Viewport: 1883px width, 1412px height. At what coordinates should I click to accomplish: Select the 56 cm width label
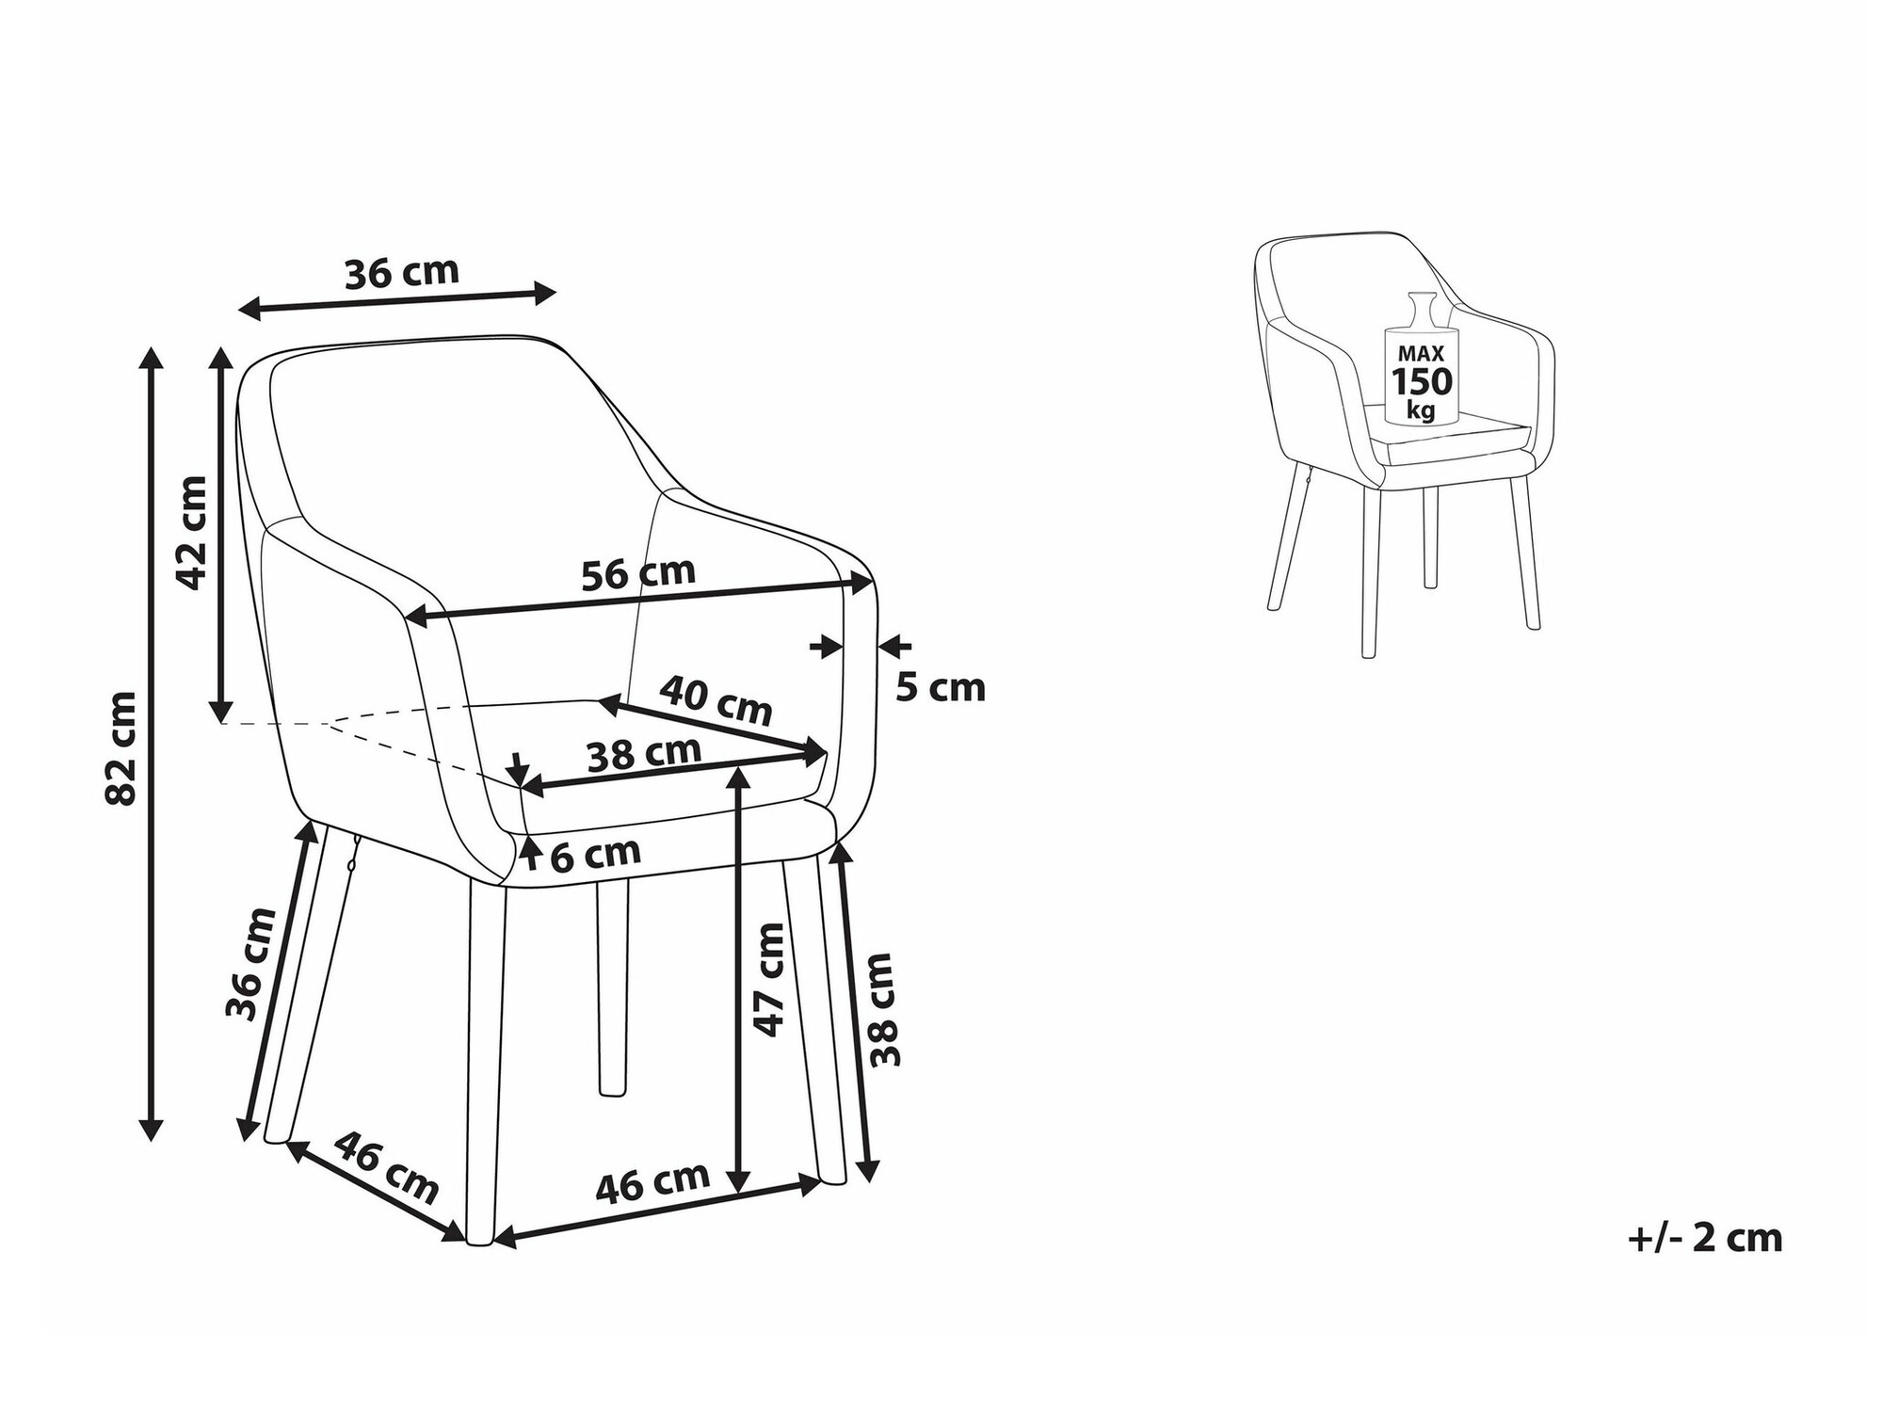638,573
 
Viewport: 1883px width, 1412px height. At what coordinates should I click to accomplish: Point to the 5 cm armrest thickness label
940,688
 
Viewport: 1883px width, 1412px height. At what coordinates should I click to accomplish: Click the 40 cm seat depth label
716,699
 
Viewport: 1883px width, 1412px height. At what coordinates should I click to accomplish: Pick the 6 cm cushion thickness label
595,855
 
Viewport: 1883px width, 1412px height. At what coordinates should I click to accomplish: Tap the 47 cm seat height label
769,980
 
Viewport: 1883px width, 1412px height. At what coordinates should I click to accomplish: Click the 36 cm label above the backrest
402,273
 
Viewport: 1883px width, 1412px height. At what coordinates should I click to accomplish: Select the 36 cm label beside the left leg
251,963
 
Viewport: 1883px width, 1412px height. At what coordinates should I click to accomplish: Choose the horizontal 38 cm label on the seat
644,754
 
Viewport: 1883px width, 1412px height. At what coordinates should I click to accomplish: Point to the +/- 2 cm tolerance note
1705,1238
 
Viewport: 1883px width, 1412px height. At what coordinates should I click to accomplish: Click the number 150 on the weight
1422,382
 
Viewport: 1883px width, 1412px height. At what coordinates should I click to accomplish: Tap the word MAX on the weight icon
1422,354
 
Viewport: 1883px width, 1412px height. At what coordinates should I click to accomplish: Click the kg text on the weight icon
1422,409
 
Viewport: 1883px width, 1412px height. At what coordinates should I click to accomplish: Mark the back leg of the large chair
612,988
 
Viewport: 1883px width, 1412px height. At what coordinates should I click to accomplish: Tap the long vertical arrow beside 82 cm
151,743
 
